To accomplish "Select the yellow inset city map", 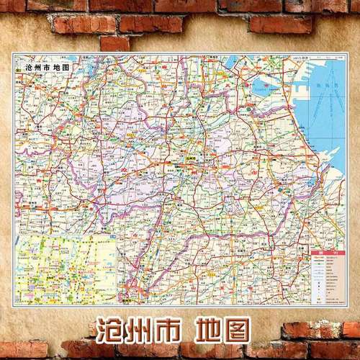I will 67,266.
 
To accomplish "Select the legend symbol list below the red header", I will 325,277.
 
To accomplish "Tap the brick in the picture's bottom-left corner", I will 22,350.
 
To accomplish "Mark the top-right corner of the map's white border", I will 347,53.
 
